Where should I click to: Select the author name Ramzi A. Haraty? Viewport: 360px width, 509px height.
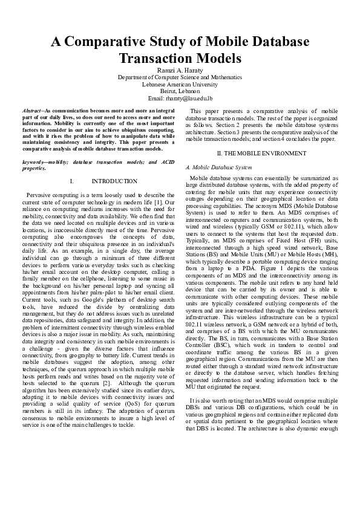[180, 70]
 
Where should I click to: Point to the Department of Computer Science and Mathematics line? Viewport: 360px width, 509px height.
[180, 77]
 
